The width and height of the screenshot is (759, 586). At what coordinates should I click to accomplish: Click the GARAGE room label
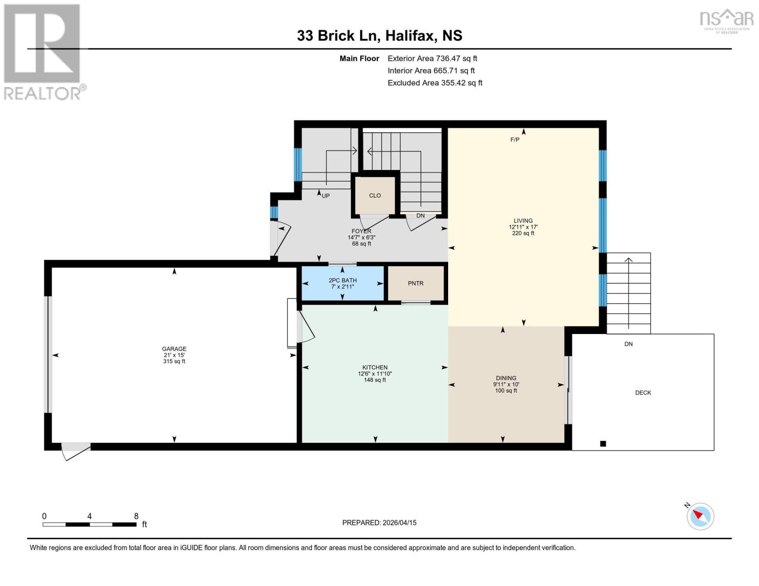(174, 349)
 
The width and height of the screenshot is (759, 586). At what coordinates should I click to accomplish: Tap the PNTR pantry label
(415, 283)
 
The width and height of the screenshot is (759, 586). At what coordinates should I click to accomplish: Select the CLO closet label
(375, 195)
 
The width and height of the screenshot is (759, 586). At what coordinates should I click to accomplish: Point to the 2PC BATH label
(342, 280)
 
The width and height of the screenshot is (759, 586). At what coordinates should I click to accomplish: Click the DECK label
(643, 393)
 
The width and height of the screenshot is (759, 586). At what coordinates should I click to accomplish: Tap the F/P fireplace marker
(515, 140)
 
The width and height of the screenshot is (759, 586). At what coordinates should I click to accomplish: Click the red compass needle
(697, 515)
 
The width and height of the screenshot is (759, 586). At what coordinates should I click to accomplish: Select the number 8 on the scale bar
(136, 516)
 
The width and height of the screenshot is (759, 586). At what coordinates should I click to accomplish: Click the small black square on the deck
(603, 443)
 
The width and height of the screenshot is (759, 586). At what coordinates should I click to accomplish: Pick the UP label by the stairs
(325, 196)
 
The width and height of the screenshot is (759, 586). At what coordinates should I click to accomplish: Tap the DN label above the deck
(629, 344)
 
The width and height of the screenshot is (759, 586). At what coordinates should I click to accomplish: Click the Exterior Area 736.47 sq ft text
(432, 59)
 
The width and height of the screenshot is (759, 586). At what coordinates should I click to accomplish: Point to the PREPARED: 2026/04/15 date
(379, 523)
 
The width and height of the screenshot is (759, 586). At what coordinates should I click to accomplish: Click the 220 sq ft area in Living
(523, 233)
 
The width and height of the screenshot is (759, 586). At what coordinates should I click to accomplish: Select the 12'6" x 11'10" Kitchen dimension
(375, 374)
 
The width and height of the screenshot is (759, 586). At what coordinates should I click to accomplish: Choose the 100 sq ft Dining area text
(506, 391)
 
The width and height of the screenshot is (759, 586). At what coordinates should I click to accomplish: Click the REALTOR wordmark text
(42, 93)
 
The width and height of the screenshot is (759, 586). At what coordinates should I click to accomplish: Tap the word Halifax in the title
(411, 36)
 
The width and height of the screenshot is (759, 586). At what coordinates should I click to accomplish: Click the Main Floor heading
(359, 59)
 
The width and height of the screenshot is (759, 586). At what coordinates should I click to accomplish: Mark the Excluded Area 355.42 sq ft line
(435, 83)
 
